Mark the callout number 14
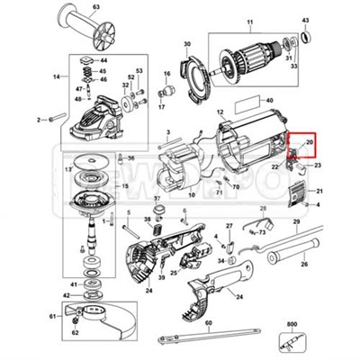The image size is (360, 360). point(57,78)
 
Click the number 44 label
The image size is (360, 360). point(103,60)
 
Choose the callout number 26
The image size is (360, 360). point(303,265)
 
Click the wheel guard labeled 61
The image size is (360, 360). point(99,326)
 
